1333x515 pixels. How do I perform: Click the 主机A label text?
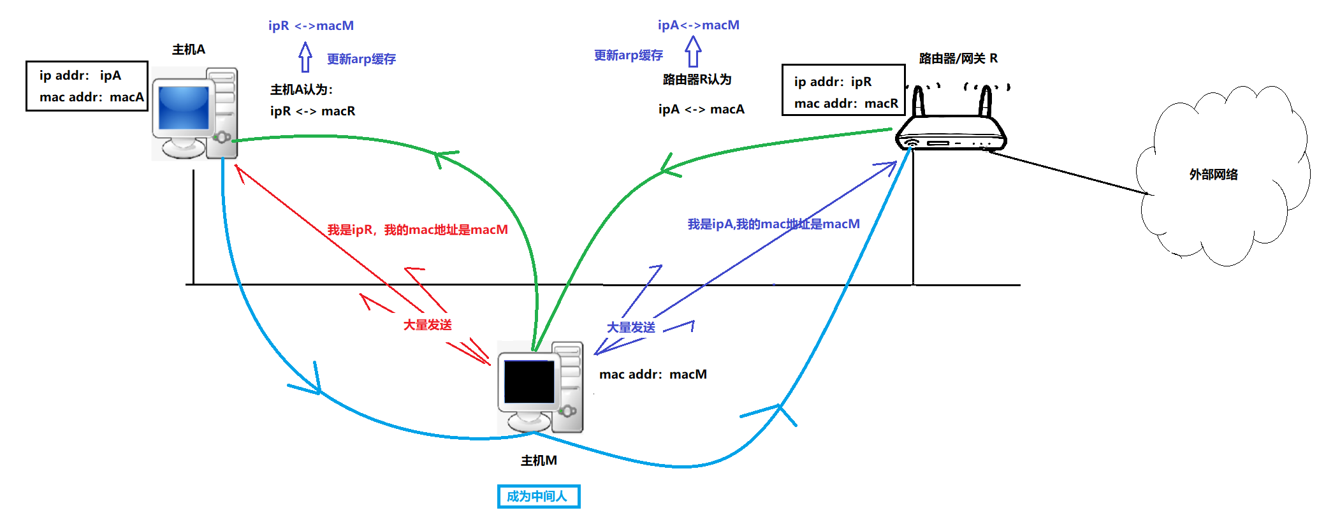(189, 50)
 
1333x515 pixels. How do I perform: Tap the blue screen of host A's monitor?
(184, 107)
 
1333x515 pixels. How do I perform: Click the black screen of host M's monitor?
(529, 381)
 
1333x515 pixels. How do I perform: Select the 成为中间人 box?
(538, 496)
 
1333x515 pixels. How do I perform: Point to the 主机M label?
(539, 460)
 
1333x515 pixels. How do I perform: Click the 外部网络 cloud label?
(1213, 175)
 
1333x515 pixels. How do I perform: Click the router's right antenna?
(986, 101)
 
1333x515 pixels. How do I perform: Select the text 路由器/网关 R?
(958, 59)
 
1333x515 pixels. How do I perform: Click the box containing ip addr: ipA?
(87, 86)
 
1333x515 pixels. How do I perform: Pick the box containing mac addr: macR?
(843, 90)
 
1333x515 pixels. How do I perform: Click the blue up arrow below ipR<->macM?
(305, 57)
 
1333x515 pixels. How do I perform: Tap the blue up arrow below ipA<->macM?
(693, 52)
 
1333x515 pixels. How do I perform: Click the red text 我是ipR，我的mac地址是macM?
(418, 229)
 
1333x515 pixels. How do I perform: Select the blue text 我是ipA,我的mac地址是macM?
(773, 224)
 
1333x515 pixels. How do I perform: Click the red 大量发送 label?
(427, 325)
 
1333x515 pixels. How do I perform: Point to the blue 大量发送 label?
(630, 328)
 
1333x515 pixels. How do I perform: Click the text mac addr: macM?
(653, 374)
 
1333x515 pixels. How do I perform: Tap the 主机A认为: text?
(302, 90)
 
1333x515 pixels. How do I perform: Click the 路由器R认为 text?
(697, 80)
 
